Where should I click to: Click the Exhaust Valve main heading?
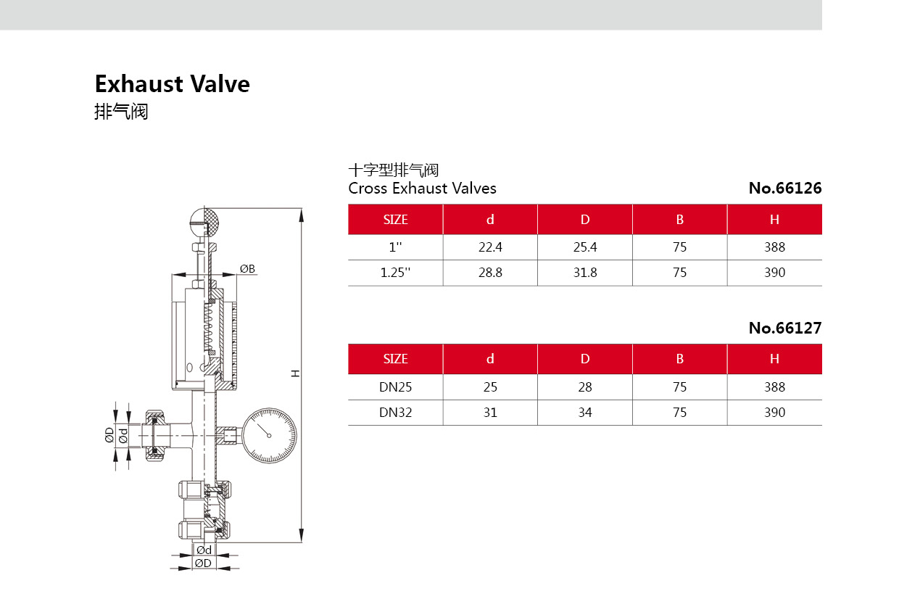click(x=172, y=84)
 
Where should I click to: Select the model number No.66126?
click(x=785, y=189)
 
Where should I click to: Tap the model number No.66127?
click(x=785, y=328)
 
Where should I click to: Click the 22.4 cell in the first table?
click(x=490, y=247)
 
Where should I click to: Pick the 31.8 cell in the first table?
click(x=585, y=273)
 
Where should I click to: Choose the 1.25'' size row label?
click(x=395, y=273)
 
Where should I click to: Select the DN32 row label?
click(x=395, y=413)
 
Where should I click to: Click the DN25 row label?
click(x=395, y=387)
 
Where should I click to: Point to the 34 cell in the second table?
click(x=585, y=413)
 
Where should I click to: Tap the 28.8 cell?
click(x=490, y=273)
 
